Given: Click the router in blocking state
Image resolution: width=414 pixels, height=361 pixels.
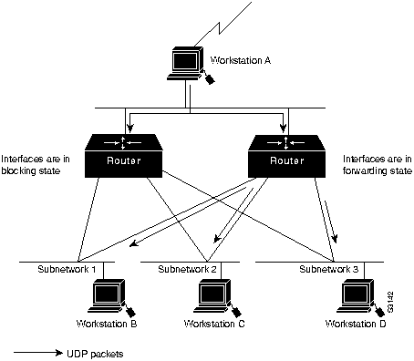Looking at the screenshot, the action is coord(123,156).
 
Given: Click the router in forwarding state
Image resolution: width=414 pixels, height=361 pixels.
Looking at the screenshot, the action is coord(286,156).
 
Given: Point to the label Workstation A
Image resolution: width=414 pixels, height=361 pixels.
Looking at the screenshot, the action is coord(240,60).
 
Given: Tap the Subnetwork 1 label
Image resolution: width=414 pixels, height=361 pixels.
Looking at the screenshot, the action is coord(67,269).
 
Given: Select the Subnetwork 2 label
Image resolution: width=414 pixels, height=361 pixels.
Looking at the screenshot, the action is coord(187,269).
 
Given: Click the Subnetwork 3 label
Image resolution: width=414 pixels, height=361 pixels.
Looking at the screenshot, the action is coord(329,269).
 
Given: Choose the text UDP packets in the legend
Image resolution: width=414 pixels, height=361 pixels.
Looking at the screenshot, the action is coord(95,354).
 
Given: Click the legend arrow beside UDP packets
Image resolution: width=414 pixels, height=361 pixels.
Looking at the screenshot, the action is coord(38,353).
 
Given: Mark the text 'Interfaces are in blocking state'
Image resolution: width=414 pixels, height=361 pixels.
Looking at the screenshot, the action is coord(36,165).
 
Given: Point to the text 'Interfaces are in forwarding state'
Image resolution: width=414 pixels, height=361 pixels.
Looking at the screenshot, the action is coord(378,165).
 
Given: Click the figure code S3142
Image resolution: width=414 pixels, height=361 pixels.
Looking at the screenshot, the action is coord(390,302).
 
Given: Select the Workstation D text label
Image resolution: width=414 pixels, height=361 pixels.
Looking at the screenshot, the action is coord(356,324).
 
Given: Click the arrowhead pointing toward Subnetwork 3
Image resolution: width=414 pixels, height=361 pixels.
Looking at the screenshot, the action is coord(335,239).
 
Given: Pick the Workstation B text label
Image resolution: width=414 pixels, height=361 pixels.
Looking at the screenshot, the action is coord(107,324).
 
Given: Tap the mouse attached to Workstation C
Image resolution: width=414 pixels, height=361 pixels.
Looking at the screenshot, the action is coord(236,312).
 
